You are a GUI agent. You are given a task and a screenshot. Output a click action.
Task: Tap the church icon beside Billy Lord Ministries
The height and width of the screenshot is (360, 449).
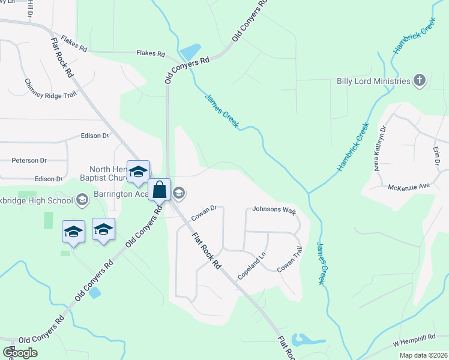pyautogui.click(x=420, y=80)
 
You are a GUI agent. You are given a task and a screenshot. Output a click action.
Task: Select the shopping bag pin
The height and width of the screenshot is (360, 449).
pyautogui.click(x=160, y=190)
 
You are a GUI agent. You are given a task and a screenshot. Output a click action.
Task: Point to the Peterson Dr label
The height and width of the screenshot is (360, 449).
pyautogui.click(x=29, y=161)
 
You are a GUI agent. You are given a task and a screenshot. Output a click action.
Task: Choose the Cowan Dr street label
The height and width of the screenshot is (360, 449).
pyautogui.click(x=203, y=212)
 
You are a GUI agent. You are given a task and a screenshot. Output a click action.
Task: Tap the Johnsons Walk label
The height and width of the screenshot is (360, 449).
pyautogui.click(x=274, y=210)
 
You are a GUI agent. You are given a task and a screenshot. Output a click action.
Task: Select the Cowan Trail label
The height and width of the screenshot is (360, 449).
pyautogui.click(x=289, y=260)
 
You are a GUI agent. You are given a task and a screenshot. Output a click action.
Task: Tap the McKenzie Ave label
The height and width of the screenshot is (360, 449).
pyautogui.click(x=410, y=187)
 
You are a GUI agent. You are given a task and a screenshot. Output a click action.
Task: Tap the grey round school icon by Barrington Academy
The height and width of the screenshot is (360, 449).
pyautogui.click(x=179, y=193)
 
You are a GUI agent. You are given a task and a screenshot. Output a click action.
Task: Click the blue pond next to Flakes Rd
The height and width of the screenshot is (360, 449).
pyautogui.click(x=191, y=52)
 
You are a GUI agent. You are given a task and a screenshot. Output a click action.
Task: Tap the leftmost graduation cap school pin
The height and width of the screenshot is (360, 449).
pyautogui.click(x=73, y=232)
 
